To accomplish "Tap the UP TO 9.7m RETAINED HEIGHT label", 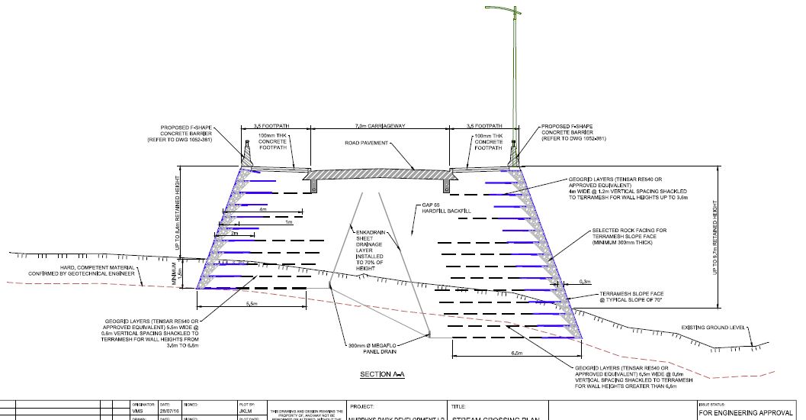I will tap(716, 237).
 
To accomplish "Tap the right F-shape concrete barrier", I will tap(514, 155).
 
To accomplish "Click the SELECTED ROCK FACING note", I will tap(630, 236).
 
